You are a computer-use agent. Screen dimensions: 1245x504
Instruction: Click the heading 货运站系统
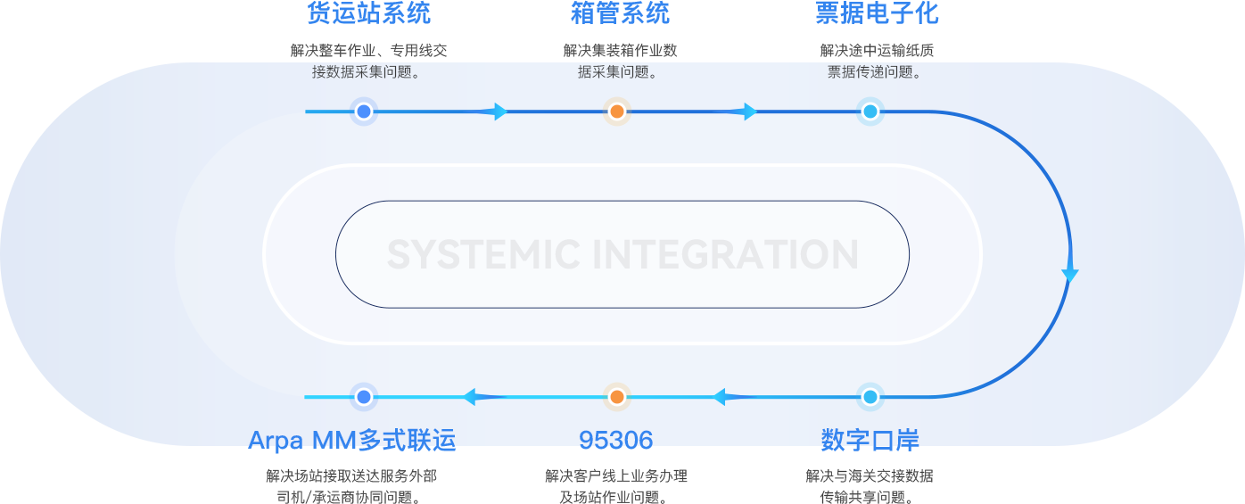click(x=368, y=13)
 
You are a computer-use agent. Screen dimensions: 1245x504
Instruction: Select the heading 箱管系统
click(x=620, y=13)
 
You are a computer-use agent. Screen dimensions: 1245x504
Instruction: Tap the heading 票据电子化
click(x=877, y=13)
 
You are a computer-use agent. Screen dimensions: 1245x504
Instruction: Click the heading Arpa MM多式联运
click(x=351, y=440)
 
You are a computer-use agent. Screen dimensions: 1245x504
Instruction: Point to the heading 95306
click(x=616, y=440)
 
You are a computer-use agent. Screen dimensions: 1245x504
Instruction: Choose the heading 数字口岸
click(x=870, y=440)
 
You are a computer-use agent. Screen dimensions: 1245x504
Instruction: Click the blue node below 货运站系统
click(x=364, y=112)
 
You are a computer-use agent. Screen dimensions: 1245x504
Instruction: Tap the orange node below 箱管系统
click(x=617, y=112)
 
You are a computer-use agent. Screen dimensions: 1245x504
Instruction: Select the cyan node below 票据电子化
click(x=870, y=112)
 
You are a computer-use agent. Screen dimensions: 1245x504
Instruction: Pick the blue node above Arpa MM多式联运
click(x=364, y=397)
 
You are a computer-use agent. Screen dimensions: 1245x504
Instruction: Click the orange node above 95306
click(x=617, y=397)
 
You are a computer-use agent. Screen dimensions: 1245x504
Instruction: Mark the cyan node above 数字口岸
click(x=870, y=397)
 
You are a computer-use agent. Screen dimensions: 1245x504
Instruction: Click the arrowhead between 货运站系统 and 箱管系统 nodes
click(x=500, y=112)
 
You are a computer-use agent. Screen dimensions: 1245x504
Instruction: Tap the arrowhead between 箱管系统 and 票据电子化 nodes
click(x=750, y=112)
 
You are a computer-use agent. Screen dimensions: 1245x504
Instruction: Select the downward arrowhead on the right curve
click(x=1070, y=276)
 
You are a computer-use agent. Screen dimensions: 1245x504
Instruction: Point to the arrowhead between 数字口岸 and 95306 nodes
click(x=720, y=397)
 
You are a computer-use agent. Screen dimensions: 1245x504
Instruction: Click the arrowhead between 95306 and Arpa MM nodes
click(x=470, y=397)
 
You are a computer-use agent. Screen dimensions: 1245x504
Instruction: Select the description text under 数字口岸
click(x=870, y=486)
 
